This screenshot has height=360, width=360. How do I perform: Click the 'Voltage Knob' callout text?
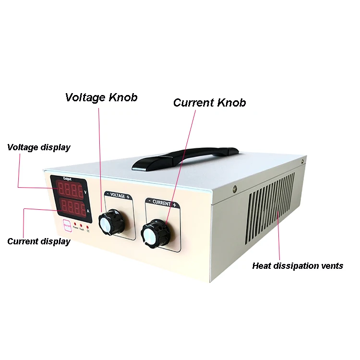point(101,97)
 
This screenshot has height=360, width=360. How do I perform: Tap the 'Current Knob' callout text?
point(209,103)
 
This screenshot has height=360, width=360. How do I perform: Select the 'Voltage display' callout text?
point(39,147)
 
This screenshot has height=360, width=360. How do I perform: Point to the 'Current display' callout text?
point(39,241)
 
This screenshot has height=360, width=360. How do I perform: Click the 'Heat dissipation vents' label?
point(298,265)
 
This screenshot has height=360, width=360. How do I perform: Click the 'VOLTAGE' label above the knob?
point(117,196)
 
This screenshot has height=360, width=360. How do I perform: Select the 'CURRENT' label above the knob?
point(161,204)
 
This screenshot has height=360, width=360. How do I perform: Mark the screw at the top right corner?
point(234,189)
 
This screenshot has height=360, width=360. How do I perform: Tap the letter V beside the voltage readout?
point(85,192)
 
